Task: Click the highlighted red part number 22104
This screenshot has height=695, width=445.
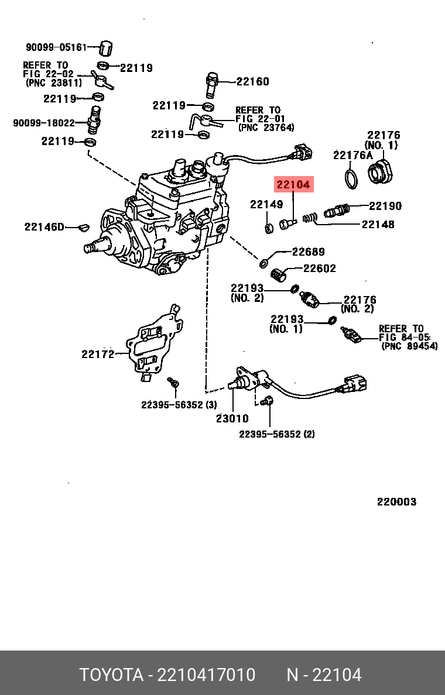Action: coord(294,185)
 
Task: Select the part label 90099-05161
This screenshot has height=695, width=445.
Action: coord(56,47)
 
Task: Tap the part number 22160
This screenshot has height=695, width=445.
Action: coord(253,81)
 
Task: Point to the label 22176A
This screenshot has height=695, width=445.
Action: coord(352,155)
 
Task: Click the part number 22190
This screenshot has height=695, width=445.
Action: coord(385,206)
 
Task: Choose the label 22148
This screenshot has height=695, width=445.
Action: coord(378,224)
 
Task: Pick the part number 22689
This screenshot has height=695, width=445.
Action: coord(308,252)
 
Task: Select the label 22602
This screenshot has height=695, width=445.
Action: coord(319,269)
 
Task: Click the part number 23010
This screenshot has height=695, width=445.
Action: coord(232,418)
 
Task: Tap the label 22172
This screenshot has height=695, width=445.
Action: coord(98,354)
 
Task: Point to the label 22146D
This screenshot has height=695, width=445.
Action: coord(44,226)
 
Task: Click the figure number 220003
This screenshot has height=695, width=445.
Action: coord(396,501)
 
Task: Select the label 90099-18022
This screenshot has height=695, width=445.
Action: coord(44,123)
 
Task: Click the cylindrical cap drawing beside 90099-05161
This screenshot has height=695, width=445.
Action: coord(106,47)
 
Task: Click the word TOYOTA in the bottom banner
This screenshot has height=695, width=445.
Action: coord(111,675)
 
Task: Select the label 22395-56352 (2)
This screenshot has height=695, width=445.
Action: coord(277,434)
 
